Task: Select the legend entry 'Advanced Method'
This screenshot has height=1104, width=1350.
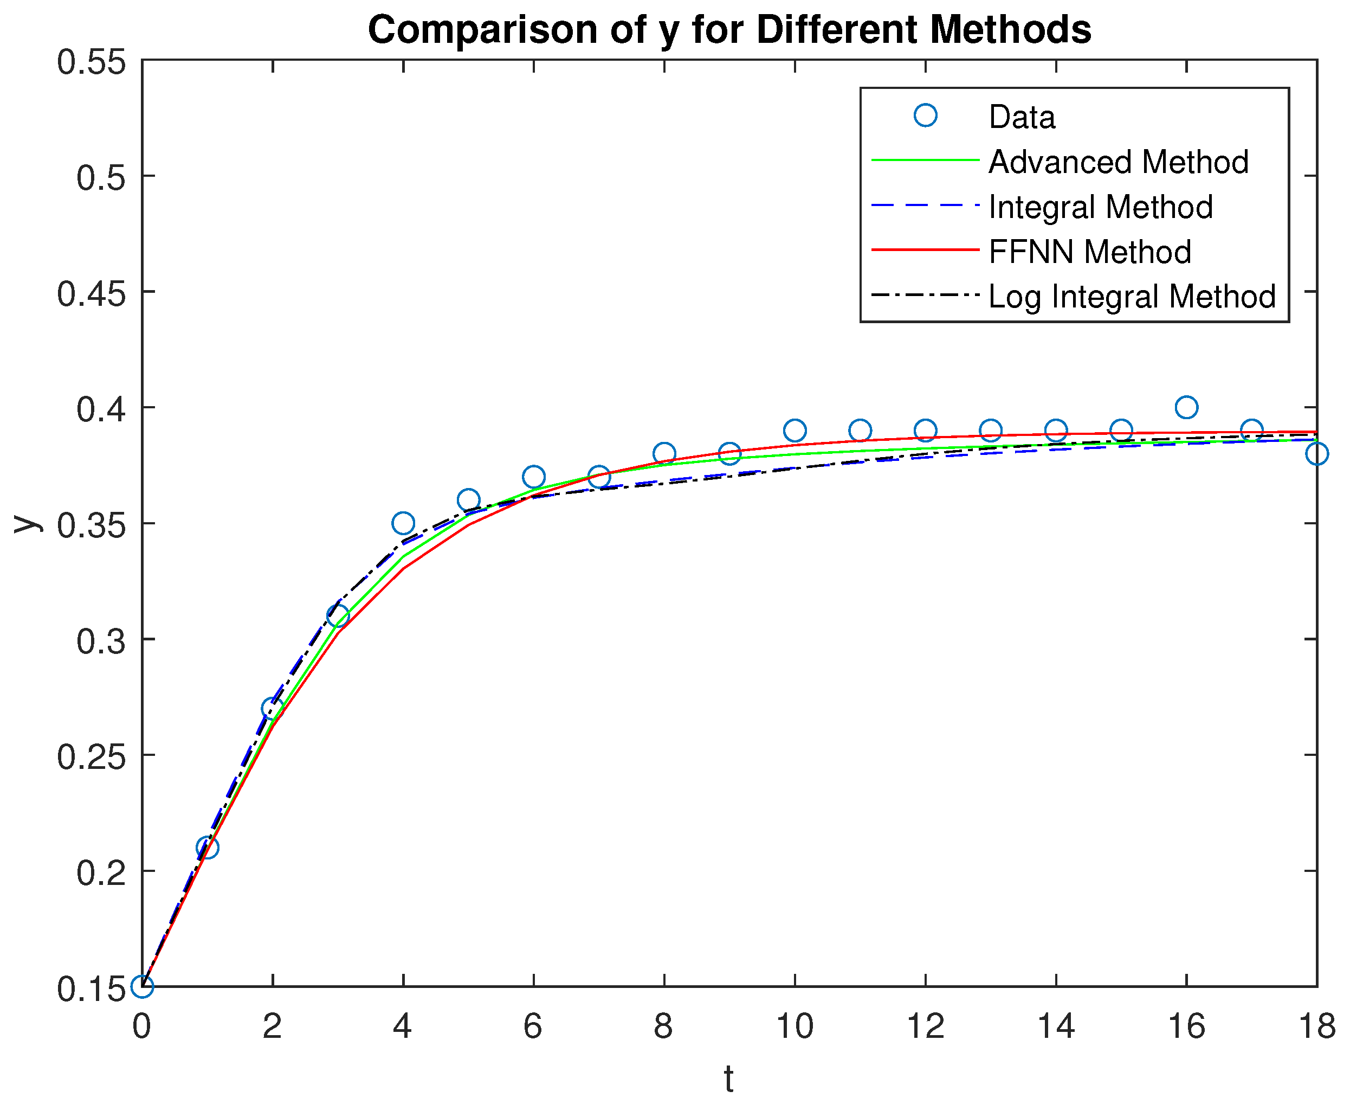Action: pyautogui.click(x=1118, y=162)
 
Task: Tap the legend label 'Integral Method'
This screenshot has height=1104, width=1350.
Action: pyautogui.click(x=1100, y=207)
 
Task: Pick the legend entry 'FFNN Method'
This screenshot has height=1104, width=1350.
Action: pyautogui.click(x=1089, y=252)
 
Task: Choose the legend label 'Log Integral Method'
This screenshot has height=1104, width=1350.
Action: pyautogui.click(x=1132, y=297)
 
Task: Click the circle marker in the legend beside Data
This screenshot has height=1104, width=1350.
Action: pyautogui.click(x=926, y=115)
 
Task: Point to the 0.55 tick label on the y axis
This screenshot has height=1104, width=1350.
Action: pyautogui.click(x=92, y=62)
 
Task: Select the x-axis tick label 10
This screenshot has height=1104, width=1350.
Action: pyautogui.click(x=795, y=1026)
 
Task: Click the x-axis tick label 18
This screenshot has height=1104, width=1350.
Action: pyautogui.click(x=1316, y=1026)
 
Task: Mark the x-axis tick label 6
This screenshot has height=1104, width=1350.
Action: pyautogui.click(x=533, y=1026)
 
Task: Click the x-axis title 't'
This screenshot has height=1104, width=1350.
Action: pyautogui.click(x=728, y=1079)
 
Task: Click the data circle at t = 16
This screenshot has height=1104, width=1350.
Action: pyautogui.click(x=1186, y=407)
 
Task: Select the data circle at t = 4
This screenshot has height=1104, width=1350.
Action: pyautogui.click(x=403, y=523)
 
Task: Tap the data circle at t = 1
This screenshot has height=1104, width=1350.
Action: pyautogui.click(x=207, y=848)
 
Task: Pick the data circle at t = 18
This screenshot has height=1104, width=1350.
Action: pyautogui.click(x=1316, y=454)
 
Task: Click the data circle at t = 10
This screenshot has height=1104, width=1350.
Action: pyautogui.click(x=795, y=431)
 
